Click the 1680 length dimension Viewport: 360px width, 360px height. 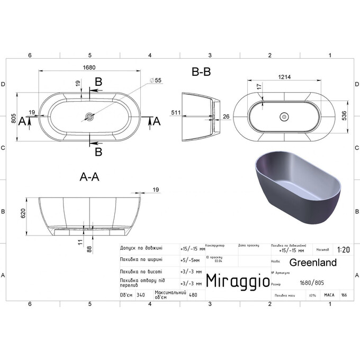click(x=89, y=67)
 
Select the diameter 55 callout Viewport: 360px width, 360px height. click(x=156, y=79)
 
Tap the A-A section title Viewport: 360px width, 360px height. click(x=89, y=177)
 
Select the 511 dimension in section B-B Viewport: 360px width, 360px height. click(x=175, y=113)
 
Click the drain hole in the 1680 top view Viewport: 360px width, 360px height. click(x=89, y=115)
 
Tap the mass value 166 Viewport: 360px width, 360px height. click(x=344, y=295)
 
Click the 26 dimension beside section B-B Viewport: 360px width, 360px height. click(x=226, y=116)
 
